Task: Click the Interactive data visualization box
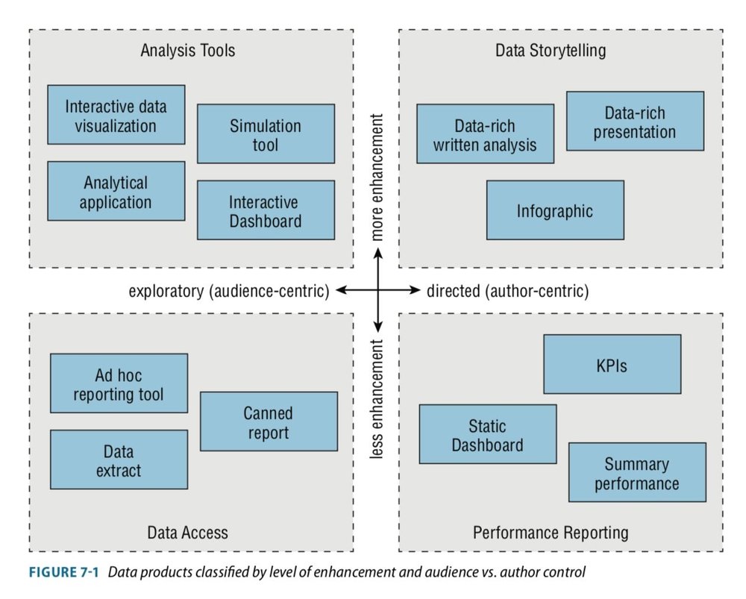pyautogui.click(x=116, y=115)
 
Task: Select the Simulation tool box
pyautogui.click(x=266, y=134)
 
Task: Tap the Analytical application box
pyautogui.click(x=116, y=191)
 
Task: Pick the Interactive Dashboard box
pyautogui.click(x=266, y=210)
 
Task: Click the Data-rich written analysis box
pyautogui.click(x=485, y=134)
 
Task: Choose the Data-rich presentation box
pyautogui.click(x=635, y=122)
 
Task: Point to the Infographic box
pyautogui.click(x=554, y=210)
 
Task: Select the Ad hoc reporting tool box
pyautogui.click(x=119, y=383)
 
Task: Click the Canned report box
pyautogui.click(x=269, y=421)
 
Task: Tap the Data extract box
pyautogui.click(x=119, y=460)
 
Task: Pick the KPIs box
pyautogui.click(x=612, y=364)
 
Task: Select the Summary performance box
pyautogui.click(x=637, y=473)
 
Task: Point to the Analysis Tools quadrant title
pyautogui.click(x=188, y=51)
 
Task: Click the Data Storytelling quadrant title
pyautogui.click(x=551, y=51)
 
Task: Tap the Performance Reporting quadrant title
pyautogui.click(x=551, y=533)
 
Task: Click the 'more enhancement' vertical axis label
pyautogui.click(x=378, y=178)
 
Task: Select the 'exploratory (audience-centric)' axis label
pyautogui.click(x=228, y=291)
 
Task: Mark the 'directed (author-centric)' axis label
pyautogui.click(x=507, y=291)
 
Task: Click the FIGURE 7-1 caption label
pyautogui.click(x=66, y=573)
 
